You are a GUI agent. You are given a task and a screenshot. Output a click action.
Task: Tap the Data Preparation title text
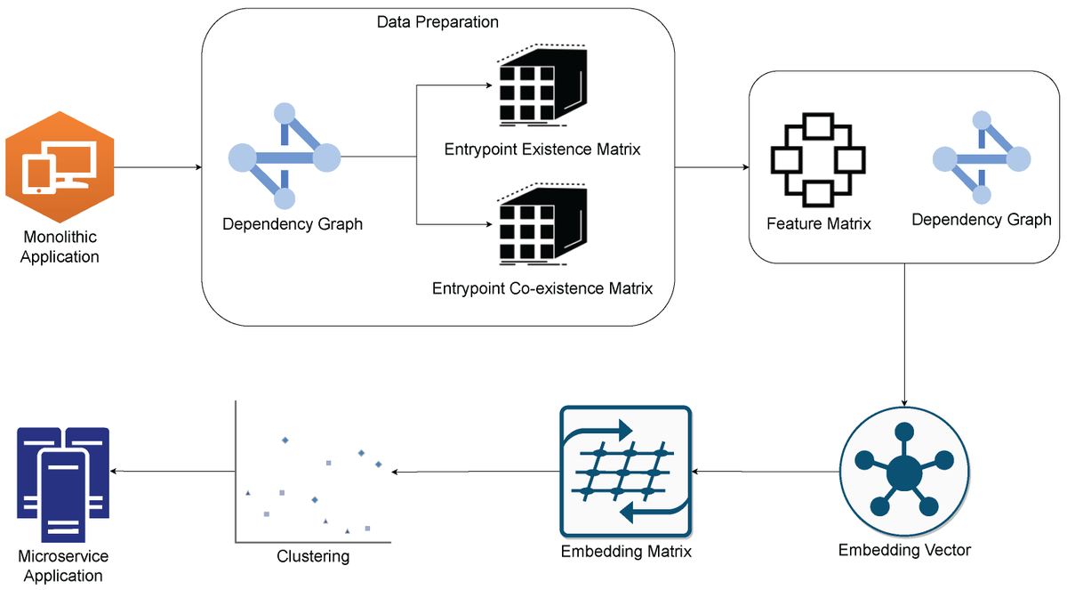(x=437, y=20)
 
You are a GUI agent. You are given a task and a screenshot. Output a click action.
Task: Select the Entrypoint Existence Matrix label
(x=542, y=150)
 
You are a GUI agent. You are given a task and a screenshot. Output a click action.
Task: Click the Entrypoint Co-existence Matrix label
(x=542, y=288)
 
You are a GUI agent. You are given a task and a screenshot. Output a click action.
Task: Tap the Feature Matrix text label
(x=819, y=223)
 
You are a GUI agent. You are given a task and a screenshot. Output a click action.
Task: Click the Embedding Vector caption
(x=904, y=550)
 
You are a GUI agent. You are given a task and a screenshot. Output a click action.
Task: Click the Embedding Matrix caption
(x=626, y=552)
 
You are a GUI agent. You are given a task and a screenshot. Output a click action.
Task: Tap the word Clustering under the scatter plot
(x=313, y=557)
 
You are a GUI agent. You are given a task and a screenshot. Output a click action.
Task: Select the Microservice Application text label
(x=63, y=566)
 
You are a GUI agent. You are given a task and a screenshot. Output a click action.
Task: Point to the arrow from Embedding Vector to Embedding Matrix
(x=765, y=472)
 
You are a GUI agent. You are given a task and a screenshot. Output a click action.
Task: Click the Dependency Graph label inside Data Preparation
(x=293, y=224)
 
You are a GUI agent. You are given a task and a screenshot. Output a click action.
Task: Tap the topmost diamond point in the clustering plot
(x=285, y=440)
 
